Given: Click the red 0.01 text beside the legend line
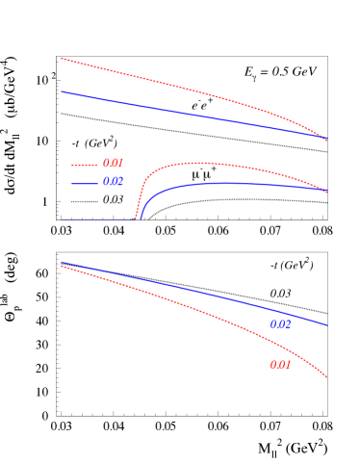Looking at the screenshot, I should click(114, 164).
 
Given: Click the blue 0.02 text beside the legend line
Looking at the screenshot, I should click(114, 181).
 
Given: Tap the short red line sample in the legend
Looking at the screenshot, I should click(85, 165).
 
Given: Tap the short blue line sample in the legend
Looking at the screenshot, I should click(85, 182).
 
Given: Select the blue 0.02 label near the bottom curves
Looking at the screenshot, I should click(280, 324).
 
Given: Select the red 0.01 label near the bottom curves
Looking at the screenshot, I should click(280, 365).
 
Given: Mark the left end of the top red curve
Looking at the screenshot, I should click(63, 59).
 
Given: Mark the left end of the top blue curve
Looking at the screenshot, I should click(63, 91).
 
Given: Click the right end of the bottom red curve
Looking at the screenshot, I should click(326, 377).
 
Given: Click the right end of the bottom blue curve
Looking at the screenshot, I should click(326, 325).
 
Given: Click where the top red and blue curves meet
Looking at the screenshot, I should click(325, 139).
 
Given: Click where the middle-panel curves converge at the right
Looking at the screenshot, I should click(325, 191).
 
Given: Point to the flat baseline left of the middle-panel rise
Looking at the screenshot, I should click(96, 219).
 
